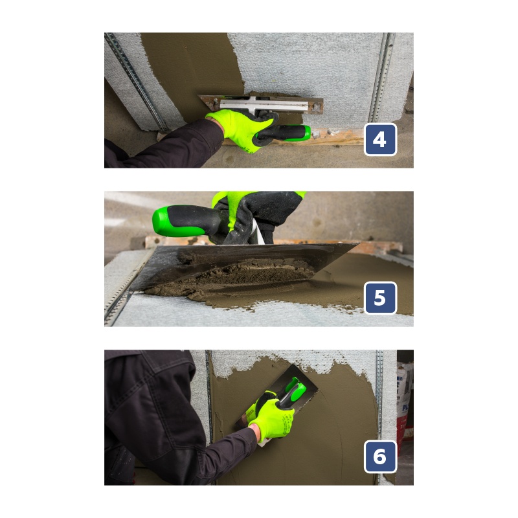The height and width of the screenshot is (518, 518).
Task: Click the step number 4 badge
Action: pyautogui.click(x=380, y=139)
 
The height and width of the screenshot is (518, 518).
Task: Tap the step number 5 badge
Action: pyautogui.click(x=380, y=298)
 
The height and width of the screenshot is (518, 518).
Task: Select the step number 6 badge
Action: pyautogui.click(x=380, y=456)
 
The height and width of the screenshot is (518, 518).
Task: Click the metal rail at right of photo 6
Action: pyautogui.click(x=379, y=396)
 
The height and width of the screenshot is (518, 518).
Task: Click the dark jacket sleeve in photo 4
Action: pyautogui.click(x=165, y=145)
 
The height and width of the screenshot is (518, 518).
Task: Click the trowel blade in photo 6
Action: pyautogui.click(x=278, y=400)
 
